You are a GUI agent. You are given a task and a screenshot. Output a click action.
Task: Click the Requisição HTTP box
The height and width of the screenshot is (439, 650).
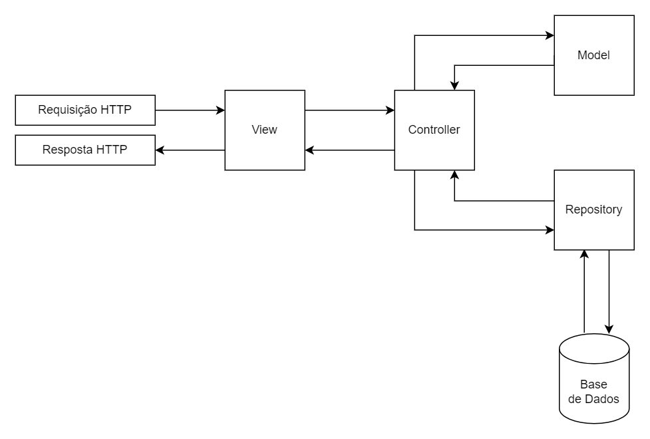(x=85, y=110)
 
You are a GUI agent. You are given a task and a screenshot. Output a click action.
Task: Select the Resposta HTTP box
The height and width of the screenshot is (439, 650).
(x=85, y=150)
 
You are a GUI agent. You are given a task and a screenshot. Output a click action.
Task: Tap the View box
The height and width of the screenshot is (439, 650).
(x=265, y=130)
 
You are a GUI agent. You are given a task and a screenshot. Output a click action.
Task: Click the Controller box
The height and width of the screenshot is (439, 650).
(x=434, y=130)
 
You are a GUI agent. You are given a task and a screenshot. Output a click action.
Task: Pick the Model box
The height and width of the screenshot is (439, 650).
(x=593, y=55)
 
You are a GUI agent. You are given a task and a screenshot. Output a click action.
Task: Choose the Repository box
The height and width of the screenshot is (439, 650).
(x=593, y=210)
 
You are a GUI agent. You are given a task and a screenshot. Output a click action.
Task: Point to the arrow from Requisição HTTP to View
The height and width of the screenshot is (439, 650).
(x=190, y=110)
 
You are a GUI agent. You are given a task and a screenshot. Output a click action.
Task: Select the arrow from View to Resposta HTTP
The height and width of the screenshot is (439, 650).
(x=190, y=150)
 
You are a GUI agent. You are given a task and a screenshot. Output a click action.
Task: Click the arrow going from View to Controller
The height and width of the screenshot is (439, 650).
(x=349, y=110)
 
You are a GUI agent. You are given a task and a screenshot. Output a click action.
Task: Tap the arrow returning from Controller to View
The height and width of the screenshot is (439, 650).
(x=349, y=150)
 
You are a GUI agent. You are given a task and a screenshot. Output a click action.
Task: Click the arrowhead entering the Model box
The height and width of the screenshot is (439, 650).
(x=550, y=35)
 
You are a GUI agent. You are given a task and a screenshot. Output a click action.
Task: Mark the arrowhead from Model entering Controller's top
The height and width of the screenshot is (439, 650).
(x=454, y=86)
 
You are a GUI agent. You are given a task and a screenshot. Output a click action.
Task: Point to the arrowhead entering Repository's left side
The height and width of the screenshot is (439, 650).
(x=550, y=230)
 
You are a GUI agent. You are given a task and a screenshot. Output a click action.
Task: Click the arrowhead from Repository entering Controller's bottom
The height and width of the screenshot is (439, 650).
(x=454, y=175)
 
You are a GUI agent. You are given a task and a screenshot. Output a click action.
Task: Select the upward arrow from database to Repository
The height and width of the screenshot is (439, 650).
(x=584, y=293)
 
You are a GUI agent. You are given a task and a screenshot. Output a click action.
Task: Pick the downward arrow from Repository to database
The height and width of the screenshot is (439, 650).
(x=609, y=293)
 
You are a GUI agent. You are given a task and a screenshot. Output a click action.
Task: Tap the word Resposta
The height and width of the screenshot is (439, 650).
(x=67, y=150)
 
